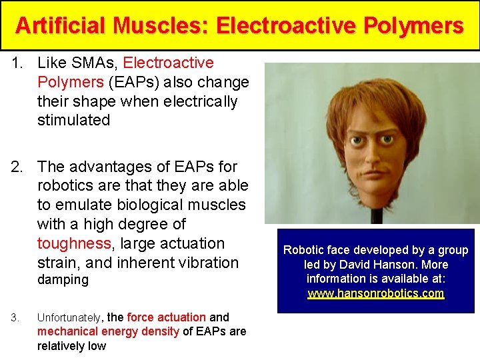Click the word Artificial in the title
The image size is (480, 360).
tap(61, 26)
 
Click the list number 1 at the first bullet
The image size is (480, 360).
tap(19, 63)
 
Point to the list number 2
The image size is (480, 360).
tap(19, 167)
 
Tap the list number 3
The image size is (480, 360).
tap(15, 318)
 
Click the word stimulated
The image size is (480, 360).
tap(74, 121)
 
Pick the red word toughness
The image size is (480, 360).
tap(74, 244)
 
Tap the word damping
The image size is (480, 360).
tap(63, 280)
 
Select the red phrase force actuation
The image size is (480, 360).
tap(166, 318)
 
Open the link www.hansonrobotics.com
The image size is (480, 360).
tap(375, 294)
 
